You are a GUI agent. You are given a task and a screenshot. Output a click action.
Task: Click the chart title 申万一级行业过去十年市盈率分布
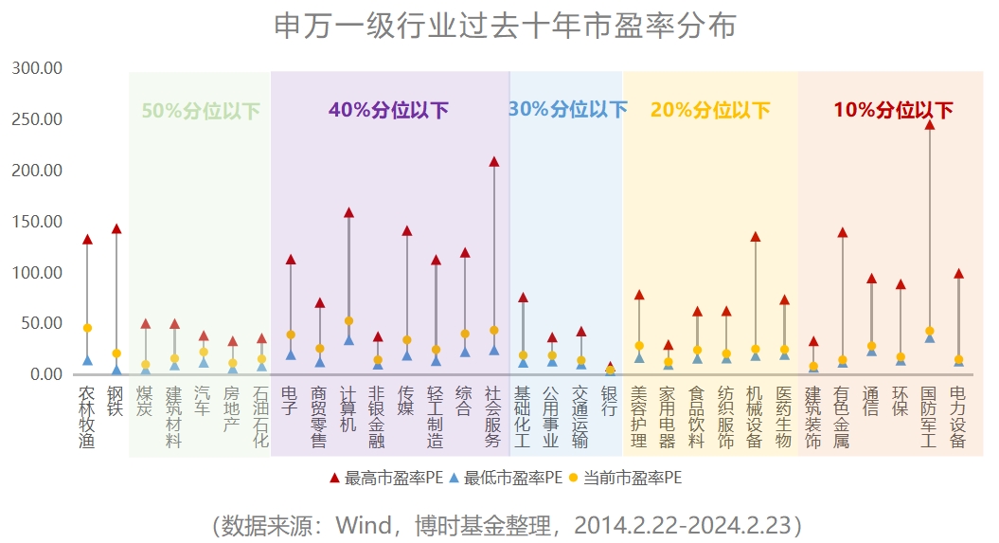[505, 26]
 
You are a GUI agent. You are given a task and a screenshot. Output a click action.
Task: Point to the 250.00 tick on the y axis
[37, 119]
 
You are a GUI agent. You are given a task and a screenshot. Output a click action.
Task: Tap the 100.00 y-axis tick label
[37, 273]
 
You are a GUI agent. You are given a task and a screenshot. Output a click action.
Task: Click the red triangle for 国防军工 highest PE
[930, 124]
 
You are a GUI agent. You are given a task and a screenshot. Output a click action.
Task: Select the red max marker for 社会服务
[493, 161]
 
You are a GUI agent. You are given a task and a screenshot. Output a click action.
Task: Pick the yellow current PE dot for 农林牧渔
[87, 328]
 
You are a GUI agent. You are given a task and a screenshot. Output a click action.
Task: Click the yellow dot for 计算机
[348, 321]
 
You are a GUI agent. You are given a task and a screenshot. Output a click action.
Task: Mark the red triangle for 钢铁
[116, 228]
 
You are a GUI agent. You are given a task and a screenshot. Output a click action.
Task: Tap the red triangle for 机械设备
[756, 236]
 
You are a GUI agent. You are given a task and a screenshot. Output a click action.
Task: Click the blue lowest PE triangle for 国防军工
[930, 338]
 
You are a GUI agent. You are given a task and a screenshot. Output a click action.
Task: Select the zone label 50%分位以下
[201, 110]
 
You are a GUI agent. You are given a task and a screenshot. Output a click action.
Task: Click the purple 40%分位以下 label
[389, 110]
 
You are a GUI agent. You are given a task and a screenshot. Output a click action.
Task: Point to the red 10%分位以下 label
[893, 110]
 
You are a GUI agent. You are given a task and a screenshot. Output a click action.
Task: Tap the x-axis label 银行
[610, 401]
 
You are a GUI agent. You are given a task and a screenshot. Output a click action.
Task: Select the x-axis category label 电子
[291, 401]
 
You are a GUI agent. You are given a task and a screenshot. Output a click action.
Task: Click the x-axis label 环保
[901, 401]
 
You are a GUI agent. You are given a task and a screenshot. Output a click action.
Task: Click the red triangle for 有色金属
[843, 231]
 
